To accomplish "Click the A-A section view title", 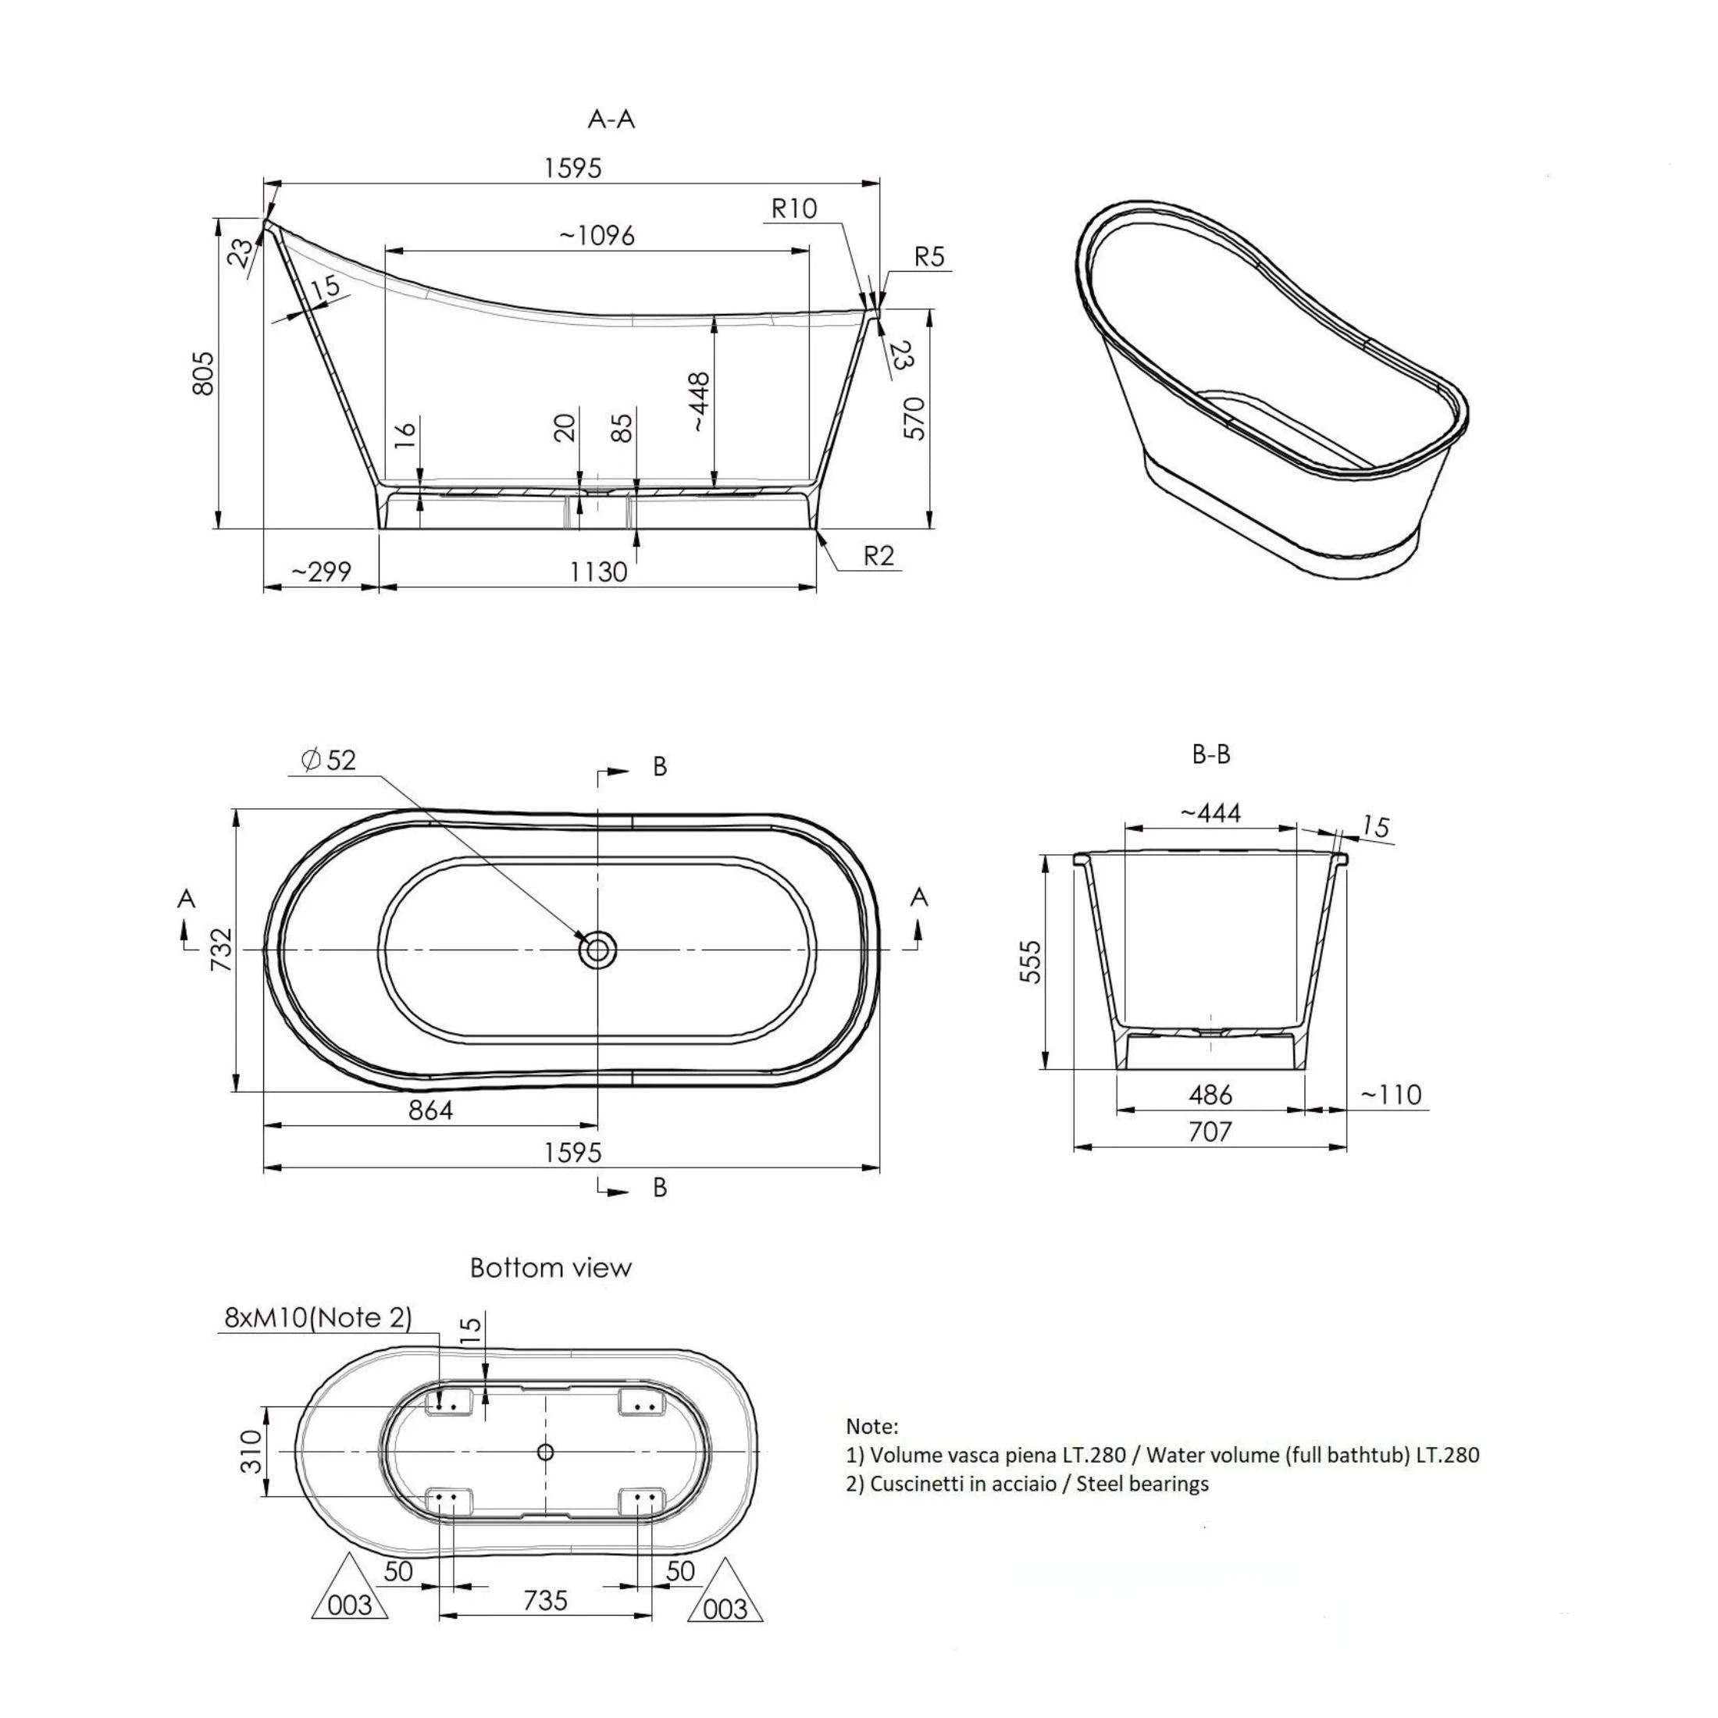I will pos(611,118).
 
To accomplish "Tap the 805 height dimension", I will pos(204,372).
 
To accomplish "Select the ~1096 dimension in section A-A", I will pos(597,236).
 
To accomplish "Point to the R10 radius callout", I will pos(793,209).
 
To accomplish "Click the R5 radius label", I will pos(929,257).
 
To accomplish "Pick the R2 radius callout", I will pos(878,556).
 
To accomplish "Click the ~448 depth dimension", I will pos(700,402).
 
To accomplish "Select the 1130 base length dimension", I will pos(597,572).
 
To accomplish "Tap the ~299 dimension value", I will pos(321,572).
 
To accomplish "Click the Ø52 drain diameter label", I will pos(328,761).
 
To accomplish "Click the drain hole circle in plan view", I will pos(597,950).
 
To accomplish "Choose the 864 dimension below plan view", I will pos(430,1110).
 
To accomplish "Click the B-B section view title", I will pos(1210,755).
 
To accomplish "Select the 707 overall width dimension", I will pos(1210,1132).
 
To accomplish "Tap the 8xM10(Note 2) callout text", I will pos(318,1318).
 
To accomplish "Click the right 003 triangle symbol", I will pos(725,1608).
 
